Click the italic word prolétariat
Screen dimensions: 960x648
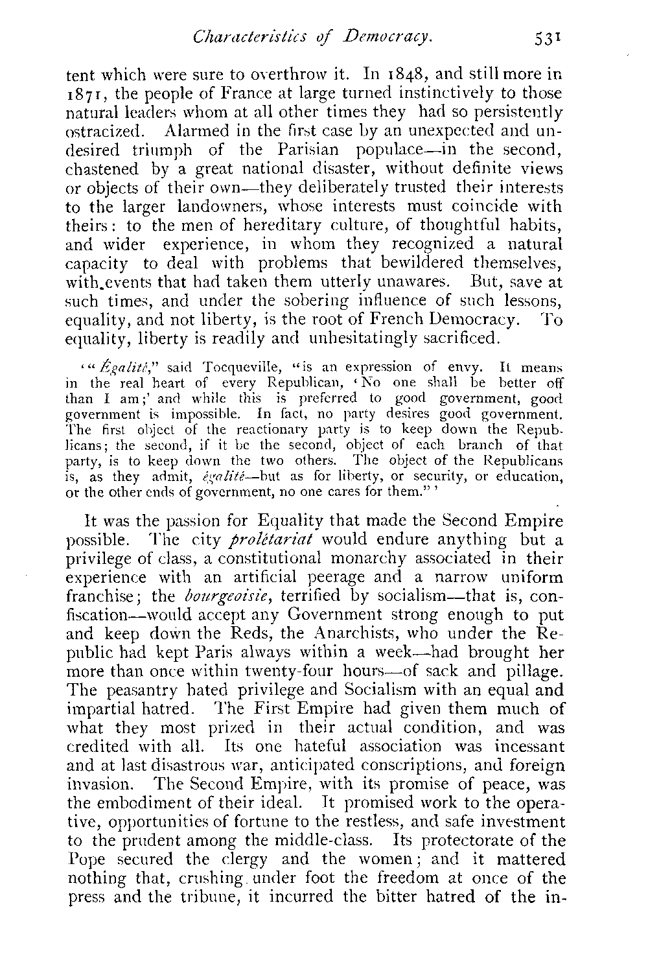[x=258, y=540]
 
